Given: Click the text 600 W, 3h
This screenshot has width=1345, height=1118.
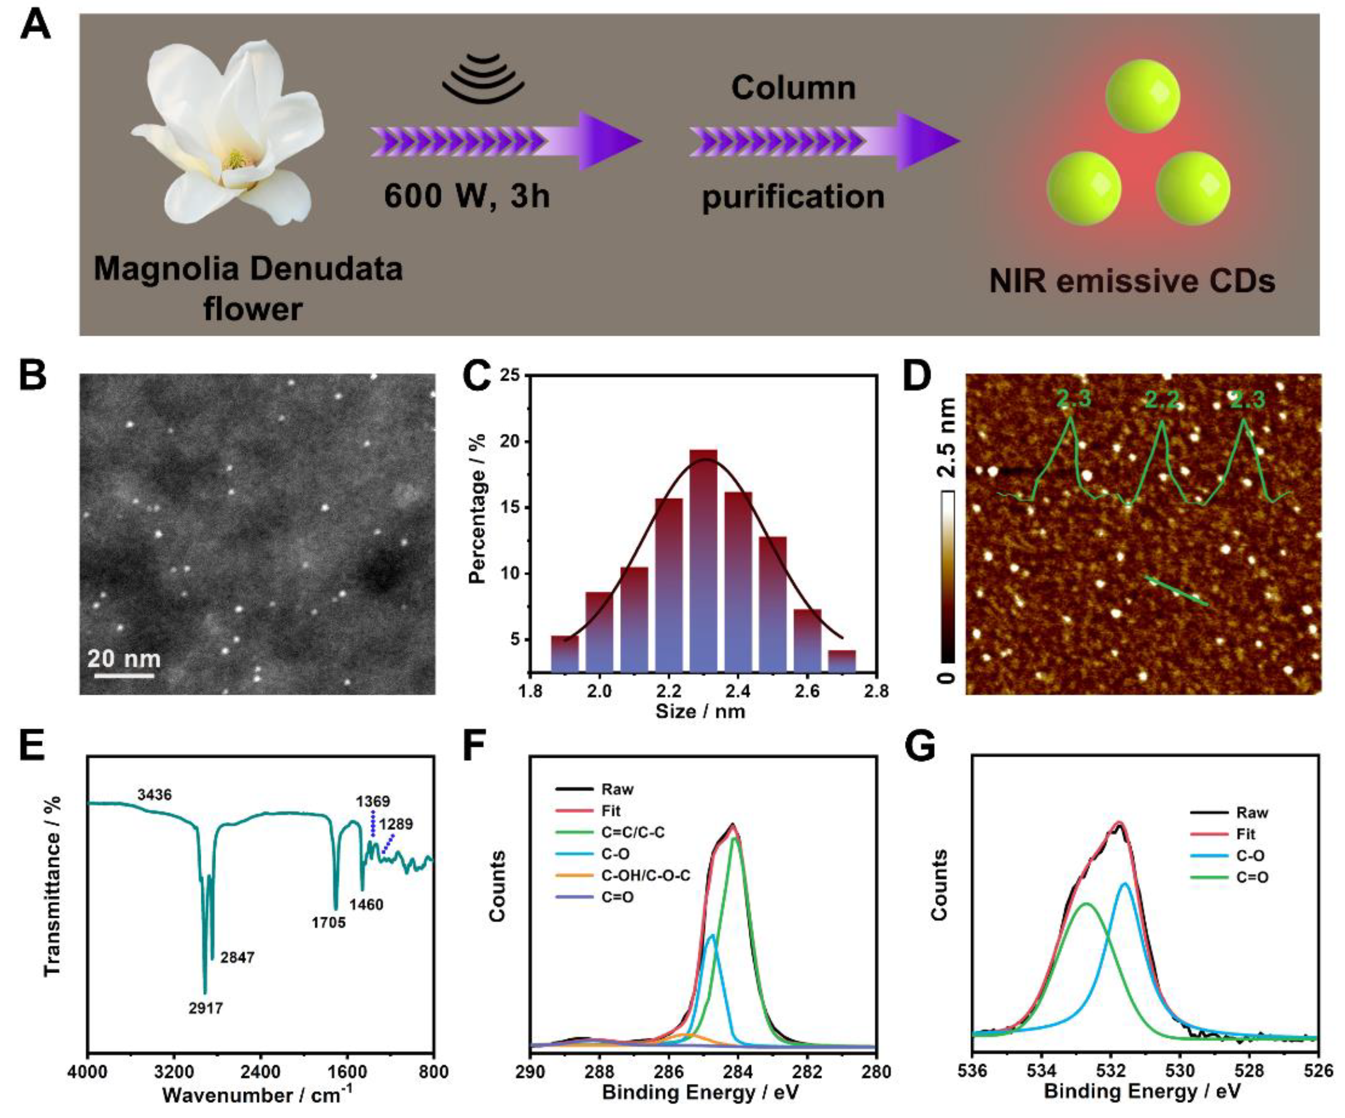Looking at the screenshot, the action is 467,195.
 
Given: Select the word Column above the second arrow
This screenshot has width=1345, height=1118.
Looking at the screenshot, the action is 793,88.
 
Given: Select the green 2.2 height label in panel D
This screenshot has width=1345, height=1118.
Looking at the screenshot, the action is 1162,401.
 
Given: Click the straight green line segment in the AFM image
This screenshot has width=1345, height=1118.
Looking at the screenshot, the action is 1177,590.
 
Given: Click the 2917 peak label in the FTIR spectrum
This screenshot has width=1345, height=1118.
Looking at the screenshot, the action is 205,1009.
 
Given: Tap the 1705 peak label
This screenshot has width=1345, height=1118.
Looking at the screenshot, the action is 329,923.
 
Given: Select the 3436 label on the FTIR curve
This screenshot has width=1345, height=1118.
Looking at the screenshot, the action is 155,795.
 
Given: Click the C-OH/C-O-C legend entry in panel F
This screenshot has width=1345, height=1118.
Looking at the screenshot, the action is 645,875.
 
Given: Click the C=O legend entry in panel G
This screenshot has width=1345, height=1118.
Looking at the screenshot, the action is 1251,877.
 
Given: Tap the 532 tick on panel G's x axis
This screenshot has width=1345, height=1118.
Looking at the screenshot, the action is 1110,1071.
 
